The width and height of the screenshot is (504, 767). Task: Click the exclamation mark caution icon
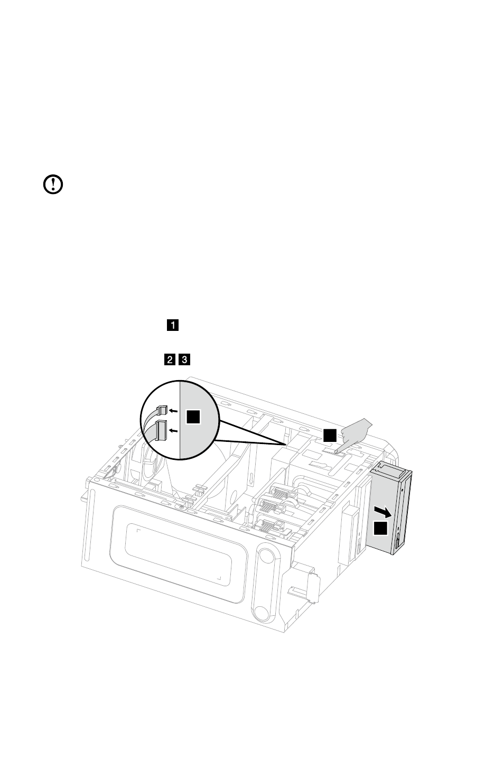point(53,184)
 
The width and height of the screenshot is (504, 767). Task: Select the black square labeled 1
point(173,325)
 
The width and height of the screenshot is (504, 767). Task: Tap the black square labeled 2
point(170,360)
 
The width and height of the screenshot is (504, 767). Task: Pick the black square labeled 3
point(184,360)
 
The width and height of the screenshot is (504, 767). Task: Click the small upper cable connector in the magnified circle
point(162,410)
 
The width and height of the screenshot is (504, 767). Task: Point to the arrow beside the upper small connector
point(174,410)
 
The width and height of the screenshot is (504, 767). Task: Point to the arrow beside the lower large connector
point(174,430)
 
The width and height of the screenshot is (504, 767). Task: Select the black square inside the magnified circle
point(193,417)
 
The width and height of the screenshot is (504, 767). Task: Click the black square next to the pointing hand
point(330,435)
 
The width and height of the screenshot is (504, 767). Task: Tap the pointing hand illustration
point(354,434)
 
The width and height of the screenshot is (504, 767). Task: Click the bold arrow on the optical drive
point(383,512)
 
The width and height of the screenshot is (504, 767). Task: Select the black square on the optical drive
point(380,528)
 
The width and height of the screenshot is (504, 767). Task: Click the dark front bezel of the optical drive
point(402,511)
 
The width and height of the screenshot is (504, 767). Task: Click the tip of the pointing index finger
point(336,452)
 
